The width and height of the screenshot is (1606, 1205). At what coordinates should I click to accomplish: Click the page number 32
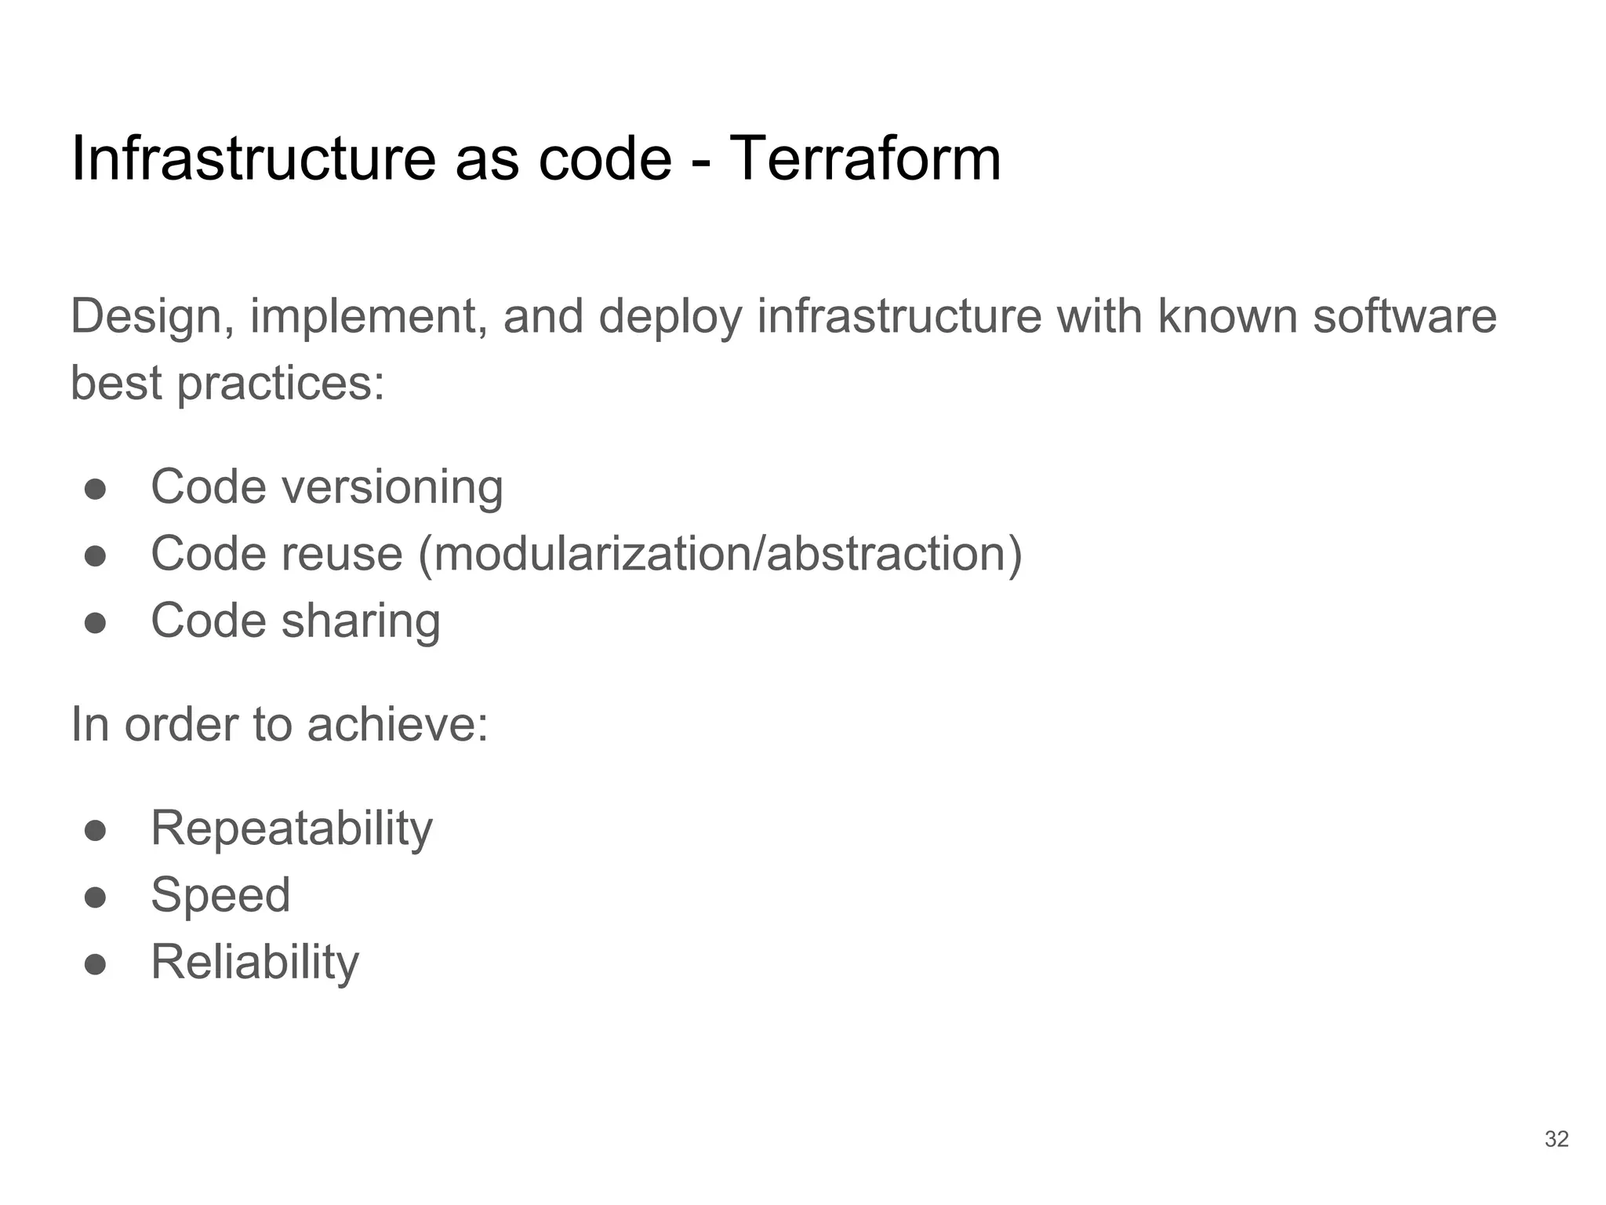1557,1139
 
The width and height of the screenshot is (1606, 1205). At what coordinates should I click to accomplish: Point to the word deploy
670,317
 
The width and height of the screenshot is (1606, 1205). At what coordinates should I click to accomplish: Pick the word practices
281,384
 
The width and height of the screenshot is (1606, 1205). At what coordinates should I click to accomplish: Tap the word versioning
392,487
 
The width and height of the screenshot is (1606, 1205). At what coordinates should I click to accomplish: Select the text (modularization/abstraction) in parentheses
720,555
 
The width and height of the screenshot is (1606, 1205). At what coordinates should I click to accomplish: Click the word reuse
342,555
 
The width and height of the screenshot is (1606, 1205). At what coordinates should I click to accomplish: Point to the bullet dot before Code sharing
96,623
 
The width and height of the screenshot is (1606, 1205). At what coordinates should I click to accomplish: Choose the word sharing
361,621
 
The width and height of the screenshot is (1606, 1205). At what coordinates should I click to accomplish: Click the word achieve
397,724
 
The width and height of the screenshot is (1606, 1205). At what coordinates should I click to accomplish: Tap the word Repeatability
291,828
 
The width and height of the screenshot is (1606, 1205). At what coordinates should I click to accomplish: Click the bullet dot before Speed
96,897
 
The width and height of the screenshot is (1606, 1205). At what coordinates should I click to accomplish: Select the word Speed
220,895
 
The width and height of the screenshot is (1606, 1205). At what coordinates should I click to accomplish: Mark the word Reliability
255,963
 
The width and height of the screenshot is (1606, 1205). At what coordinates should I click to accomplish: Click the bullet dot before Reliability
96,964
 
